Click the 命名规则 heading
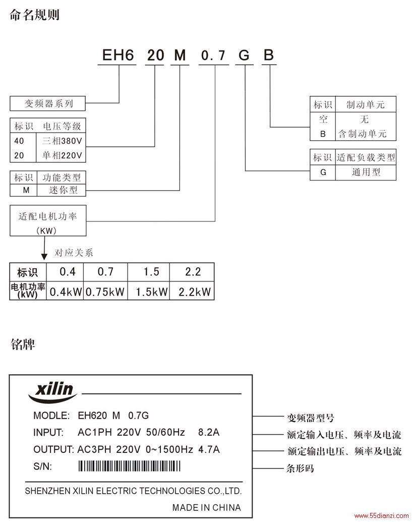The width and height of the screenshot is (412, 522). point(35,15)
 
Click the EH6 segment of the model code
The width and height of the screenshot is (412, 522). point(118,55)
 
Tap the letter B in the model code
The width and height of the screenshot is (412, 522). point(269,55)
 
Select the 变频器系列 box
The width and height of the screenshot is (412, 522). point(47,103)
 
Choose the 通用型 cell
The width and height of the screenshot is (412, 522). point(366,172)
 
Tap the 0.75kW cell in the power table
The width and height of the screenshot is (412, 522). point(105,292)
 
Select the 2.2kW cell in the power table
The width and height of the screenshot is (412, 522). point(195,292)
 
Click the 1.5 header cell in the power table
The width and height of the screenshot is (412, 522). point(151,272)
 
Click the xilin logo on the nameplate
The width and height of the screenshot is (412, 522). point(52,392)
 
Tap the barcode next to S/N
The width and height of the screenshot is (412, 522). point(130,466)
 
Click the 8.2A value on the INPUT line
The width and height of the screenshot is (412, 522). point(209,432)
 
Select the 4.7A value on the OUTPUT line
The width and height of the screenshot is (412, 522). point(209,449)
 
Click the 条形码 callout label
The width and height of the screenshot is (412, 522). point(300,468)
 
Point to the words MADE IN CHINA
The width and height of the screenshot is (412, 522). point(206,507)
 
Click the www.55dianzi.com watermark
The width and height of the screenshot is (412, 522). point(382,516)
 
